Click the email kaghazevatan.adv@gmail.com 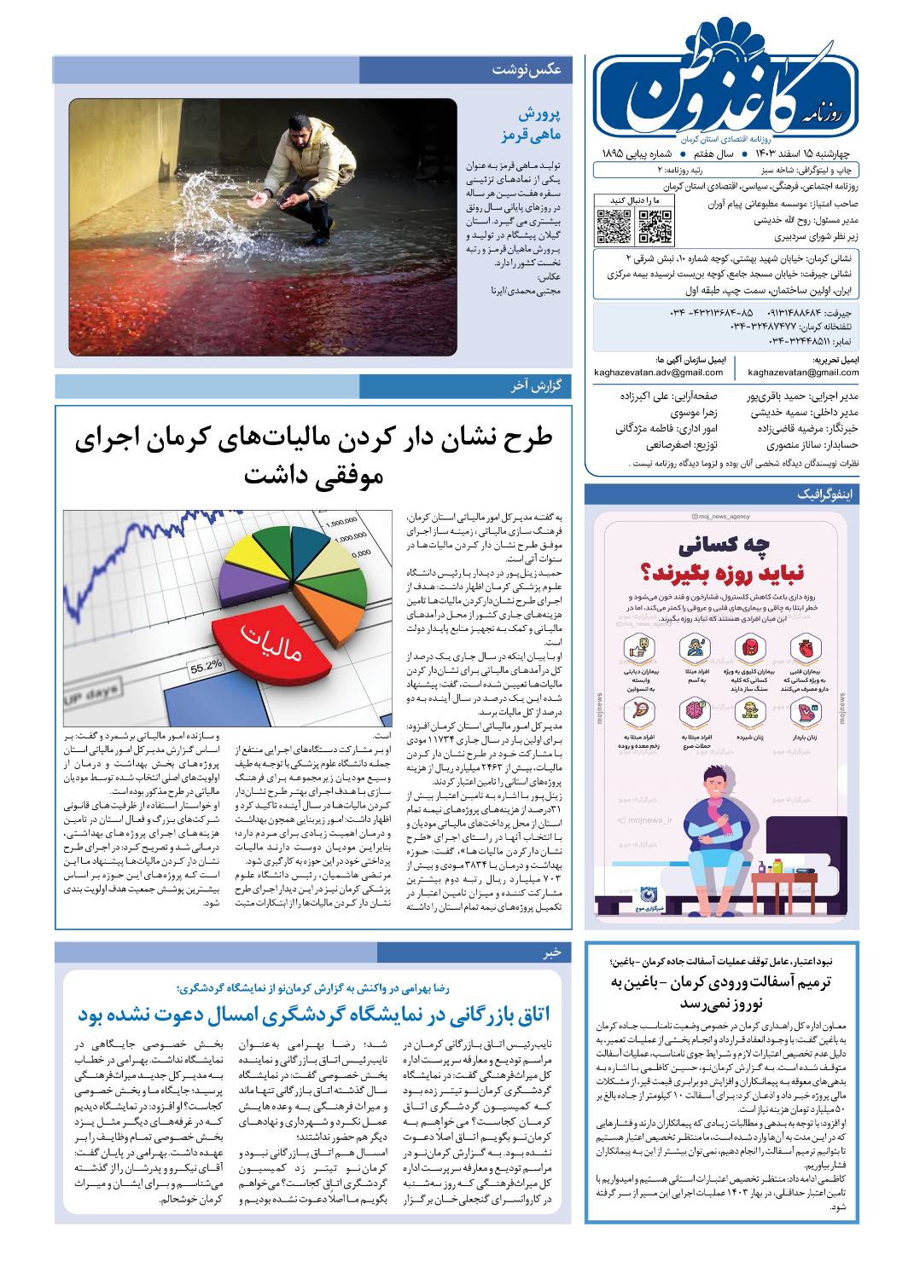click(659, 373)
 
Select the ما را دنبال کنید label click(632, 200)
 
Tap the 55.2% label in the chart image click(206, 664)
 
